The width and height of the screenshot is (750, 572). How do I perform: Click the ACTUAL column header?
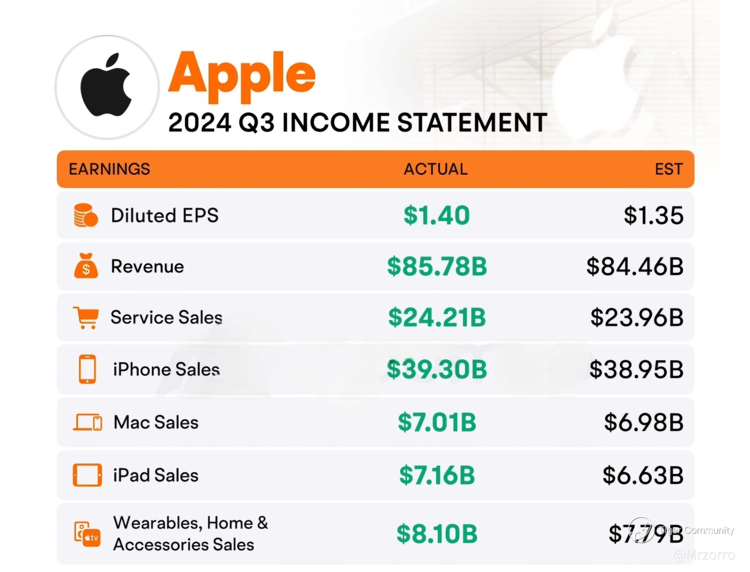tap(436, 169)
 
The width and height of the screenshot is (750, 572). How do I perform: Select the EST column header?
tap(669, 169)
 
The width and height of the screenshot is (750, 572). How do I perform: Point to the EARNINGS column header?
tap(110, 169)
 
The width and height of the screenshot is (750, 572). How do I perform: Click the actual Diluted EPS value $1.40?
tap(437, 216)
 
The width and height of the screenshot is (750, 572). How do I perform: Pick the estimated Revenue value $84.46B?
tap(635, 267)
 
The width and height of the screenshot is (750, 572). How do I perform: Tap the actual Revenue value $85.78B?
tap(437, 267)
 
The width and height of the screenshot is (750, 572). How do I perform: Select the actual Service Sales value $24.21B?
tap(437, 317)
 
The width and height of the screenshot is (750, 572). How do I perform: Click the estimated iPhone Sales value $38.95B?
tap(636, 370)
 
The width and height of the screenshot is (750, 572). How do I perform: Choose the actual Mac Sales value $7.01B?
tap(437, 422)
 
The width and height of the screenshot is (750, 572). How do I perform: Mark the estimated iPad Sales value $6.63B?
tap(643, 475)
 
